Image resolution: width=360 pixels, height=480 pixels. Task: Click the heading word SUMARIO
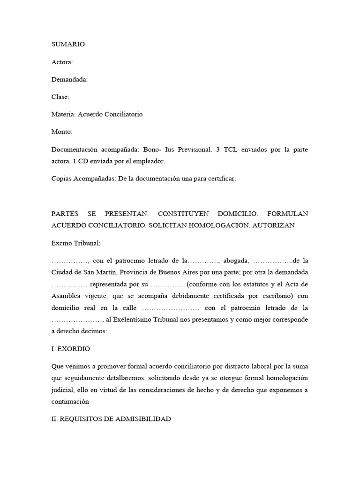[68, 44]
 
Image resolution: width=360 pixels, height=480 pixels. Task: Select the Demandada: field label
[69, 79]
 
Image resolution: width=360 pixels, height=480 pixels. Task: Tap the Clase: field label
[60, 97]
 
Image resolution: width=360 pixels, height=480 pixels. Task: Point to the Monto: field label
[62, 132]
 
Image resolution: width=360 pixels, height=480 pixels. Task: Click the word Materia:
[63, 114]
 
